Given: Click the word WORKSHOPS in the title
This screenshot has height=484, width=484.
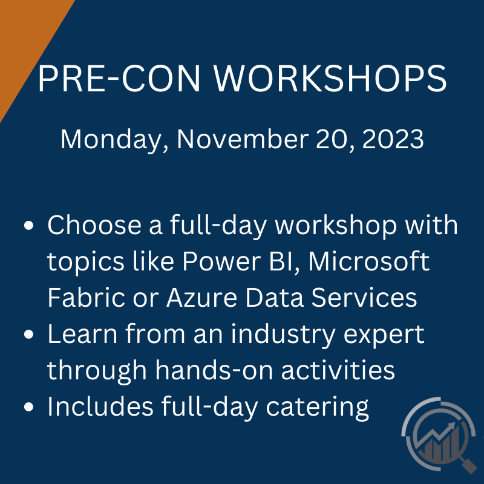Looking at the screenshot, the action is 330,78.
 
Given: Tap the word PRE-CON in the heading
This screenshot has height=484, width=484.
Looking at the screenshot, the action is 119,78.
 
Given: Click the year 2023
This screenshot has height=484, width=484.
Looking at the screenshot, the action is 393,139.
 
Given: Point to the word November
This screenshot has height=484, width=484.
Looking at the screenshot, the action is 243,139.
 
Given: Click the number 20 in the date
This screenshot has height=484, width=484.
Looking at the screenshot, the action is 335,140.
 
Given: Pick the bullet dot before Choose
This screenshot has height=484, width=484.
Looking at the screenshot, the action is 28,225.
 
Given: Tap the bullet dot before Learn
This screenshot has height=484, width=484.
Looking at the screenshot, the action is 28,335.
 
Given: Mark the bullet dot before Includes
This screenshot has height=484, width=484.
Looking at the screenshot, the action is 28,407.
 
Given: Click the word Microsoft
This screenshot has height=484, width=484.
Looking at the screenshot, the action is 368,261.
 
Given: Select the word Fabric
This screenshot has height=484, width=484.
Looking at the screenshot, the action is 86,298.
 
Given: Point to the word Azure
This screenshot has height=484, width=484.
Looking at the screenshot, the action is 202,298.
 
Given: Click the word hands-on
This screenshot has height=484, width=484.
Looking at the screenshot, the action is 214,370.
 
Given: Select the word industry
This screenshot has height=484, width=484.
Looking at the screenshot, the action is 283,335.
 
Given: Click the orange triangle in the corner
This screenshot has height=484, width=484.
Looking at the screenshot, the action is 25,40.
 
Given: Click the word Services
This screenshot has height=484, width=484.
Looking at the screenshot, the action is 364,298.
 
